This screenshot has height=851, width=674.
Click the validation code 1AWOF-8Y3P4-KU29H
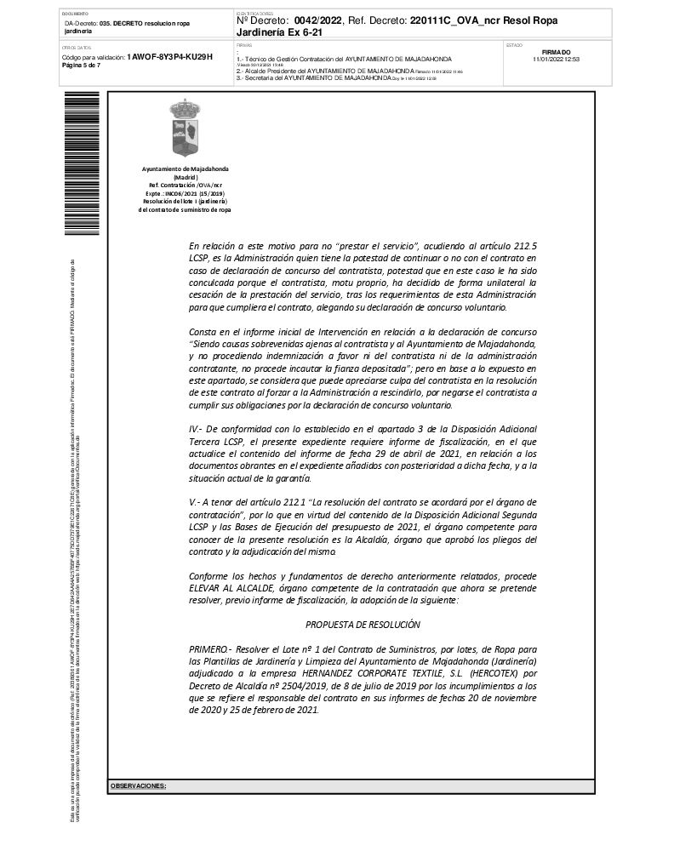[168, 56]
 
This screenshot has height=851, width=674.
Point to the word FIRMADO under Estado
[556, 52]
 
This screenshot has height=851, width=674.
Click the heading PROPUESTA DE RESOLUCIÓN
[363, 625]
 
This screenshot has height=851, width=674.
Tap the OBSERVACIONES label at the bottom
[138, 785]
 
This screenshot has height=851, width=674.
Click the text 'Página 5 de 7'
[81, 65]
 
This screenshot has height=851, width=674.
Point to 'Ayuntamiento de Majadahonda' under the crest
[185, 169]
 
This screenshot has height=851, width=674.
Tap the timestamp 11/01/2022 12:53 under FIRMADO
[556, 60]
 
